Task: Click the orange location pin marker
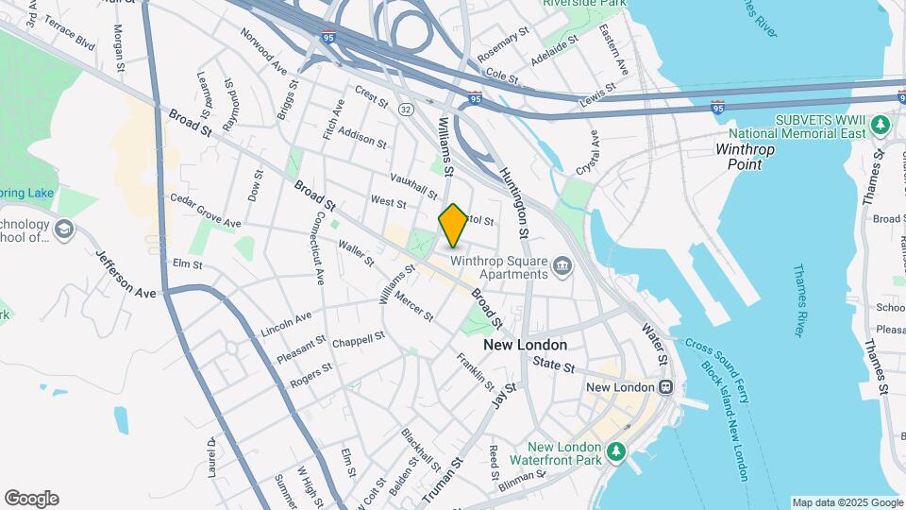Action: click(453, 226)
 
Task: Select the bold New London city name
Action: click(526, 346)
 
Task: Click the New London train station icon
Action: click(666, 387)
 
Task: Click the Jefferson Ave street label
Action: click(126, 274)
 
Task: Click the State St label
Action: click(553, 365)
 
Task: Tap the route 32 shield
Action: click(405, 110)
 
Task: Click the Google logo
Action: click(31, 499)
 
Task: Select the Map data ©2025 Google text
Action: click(846, 502)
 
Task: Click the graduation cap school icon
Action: click(63, 230)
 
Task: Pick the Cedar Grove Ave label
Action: click(206, 212)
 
